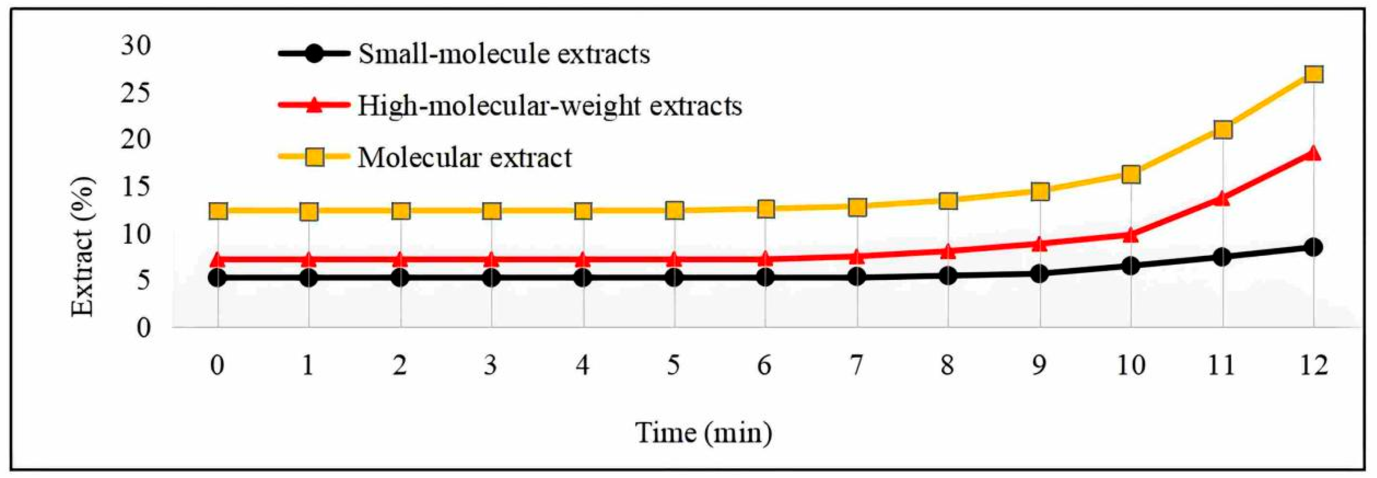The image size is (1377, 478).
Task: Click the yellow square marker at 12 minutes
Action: (1313, 74)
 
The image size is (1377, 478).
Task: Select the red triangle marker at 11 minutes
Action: (1222, 198)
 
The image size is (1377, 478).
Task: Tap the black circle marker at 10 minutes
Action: (1130, 266)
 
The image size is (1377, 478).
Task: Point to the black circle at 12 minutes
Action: (1313, 247)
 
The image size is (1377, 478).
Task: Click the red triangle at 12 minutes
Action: (1313, 153)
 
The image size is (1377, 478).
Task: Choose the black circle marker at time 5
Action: (674, 277)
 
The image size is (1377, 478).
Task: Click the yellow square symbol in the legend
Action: (315, 157)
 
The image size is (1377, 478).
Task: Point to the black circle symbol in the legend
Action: (315, 54)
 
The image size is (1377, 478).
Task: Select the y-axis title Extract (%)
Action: (83, 247)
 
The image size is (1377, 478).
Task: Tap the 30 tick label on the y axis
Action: (136, 46)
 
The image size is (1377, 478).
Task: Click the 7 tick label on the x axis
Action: (857, 366)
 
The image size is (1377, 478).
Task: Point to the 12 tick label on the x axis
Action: (1313, 366)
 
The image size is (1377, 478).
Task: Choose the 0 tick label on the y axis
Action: (143, 327)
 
